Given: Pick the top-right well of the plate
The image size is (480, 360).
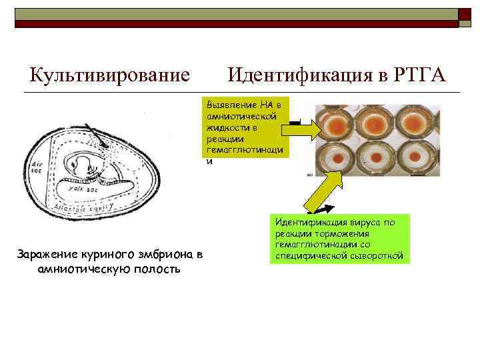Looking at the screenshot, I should click(x=414, y=124).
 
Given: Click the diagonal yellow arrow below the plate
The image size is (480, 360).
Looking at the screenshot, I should click(x=319, y=196).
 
